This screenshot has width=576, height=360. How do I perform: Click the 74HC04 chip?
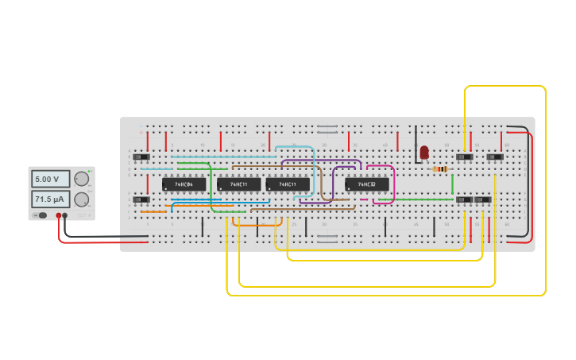tap(184, 184)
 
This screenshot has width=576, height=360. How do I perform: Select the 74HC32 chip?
tap(366, 184)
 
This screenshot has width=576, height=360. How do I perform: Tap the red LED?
tap(424, 151)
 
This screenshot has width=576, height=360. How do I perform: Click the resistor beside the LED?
tap(440, 168)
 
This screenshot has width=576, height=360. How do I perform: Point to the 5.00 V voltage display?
tap(50, 179)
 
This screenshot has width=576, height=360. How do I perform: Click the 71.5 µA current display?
tap(50, 199)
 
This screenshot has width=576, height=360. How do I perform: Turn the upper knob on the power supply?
tap(81, 180)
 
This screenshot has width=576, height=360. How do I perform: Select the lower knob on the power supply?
tap(81, 199)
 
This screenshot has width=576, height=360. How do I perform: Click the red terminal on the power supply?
tap(58, 215)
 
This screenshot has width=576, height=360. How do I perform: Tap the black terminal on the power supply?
tap(65, 215)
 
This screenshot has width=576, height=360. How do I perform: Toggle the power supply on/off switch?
tap(41, 215)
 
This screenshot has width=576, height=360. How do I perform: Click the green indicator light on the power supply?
tap(90, 171)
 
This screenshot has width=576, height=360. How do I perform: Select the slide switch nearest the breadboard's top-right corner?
tap(495, 157)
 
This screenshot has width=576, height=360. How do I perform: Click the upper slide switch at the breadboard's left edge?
tap(141, 157)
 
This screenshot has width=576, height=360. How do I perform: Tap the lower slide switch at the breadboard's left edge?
tap(141, 199)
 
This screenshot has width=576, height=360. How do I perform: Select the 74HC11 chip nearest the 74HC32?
tap(288, 184)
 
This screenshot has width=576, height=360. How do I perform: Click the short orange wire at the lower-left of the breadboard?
tap(153, 211)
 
